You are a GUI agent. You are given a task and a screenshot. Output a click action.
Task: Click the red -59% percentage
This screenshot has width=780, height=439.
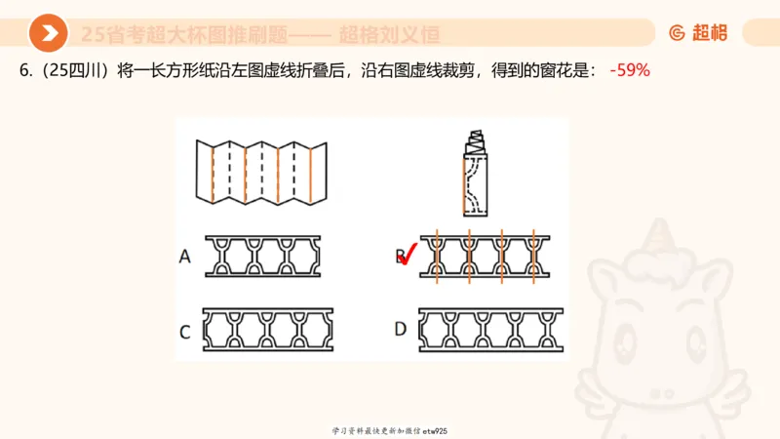(630, 71)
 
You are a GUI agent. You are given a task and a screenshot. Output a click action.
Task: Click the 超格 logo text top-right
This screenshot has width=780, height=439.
(710, 32)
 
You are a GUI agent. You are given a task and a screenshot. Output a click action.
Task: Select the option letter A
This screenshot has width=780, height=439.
(184, 257)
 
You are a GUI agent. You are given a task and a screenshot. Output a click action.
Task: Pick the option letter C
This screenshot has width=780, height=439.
(184, 331)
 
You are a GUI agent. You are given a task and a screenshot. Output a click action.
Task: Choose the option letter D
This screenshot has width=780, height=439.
(400, 329)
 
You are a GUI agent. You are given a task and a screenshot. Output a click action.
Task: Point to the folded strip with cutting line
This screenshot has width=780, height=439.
(476, 173)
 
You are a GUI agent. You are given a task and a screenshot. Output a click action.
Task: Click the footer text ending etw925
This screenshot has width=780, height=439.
(389, 430)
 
